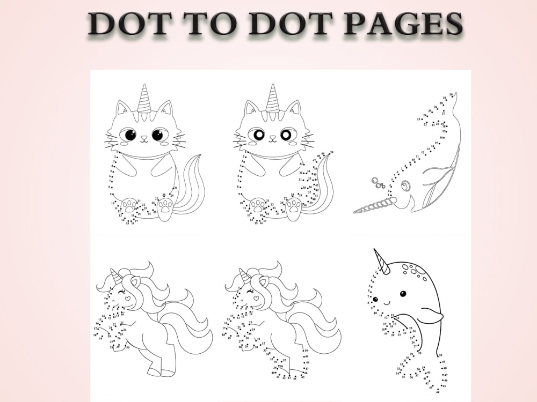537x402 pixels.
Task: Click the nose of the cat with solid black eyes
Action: (x=144, y=138)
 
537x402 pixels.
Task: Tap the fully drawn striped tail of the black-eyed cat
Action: (x=191, y=185)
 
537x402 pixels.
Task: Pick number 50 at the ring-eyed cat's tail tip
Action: (x=331, y=153)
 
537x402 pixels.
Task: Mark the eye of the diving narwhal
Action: (x=406, y=185)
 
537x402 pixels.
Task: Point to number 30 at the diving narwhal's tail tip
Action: (x=451, y=94)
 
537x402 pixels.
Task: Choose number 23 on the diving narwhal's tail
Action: (x=418, y=119)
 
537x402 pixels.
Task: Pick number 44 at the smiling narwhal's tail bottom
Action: (x=438, y=392)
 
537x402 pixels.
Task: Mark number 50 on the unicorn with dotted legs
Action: (x=306, y=350)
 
